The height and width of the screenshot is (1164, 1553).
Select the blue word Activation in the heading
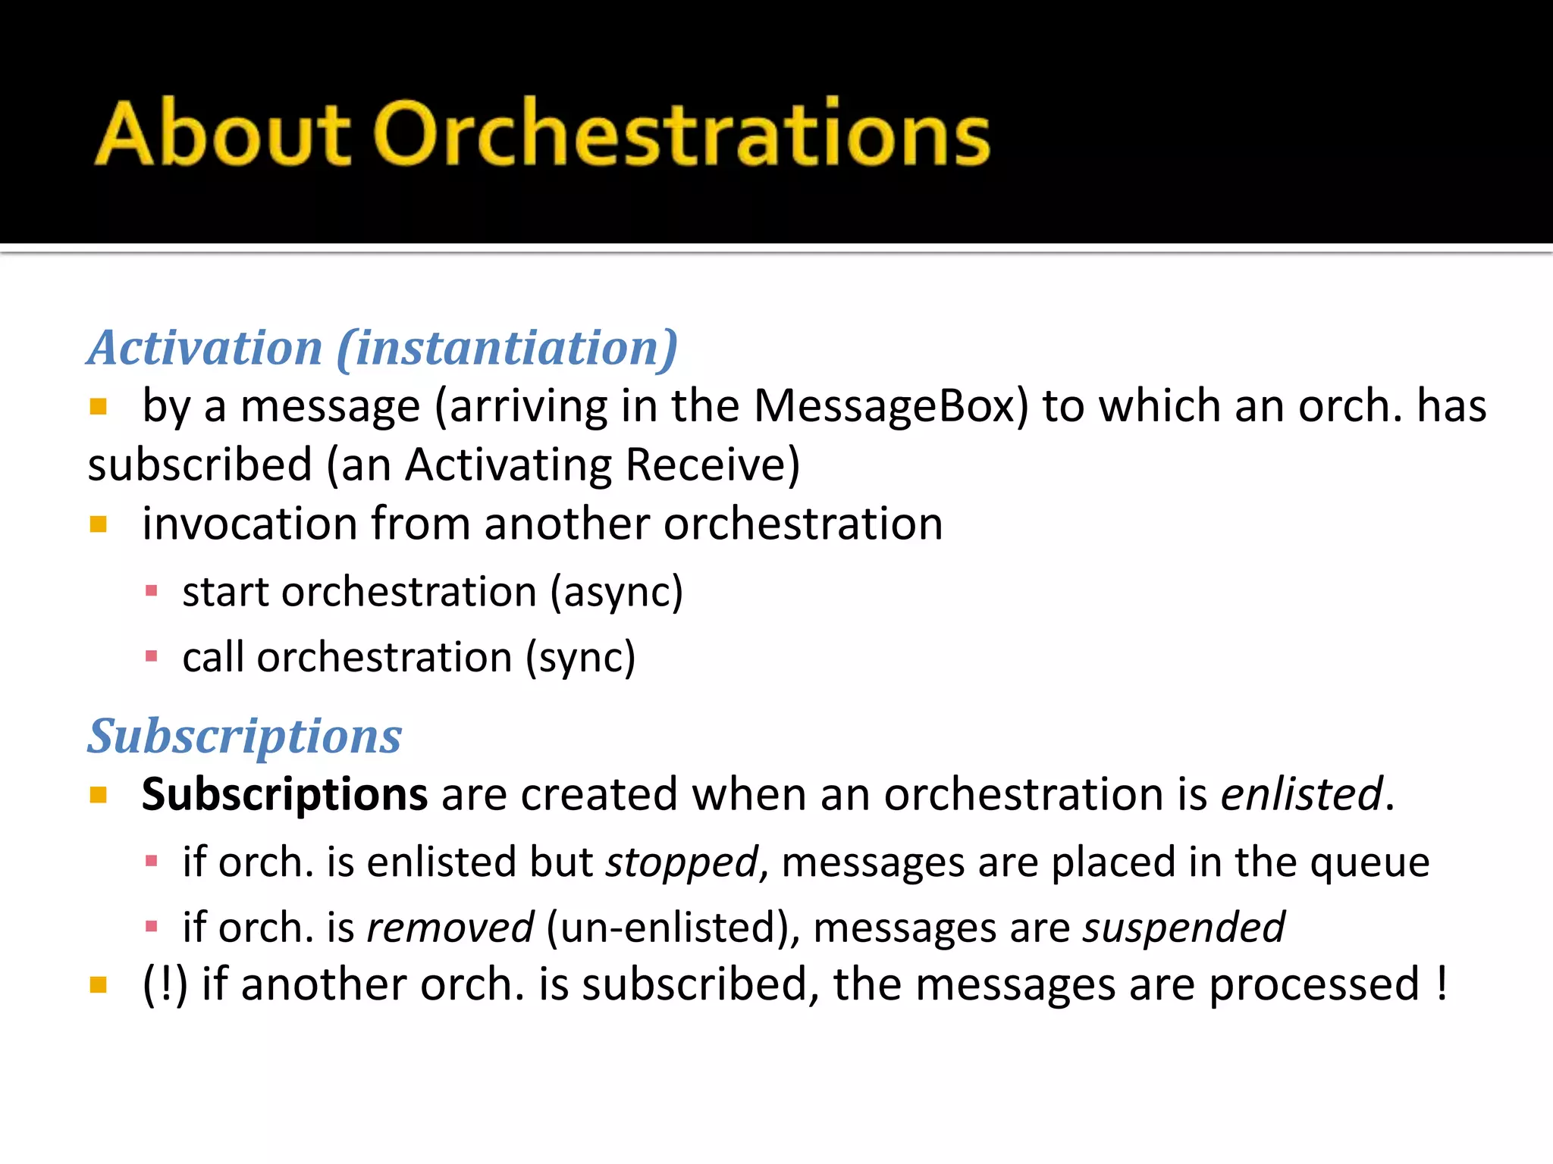205,348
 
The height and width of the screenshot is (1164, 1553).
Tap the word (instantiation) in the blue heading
507,348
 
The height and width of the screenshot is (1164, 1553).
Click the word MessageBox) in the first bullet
891,406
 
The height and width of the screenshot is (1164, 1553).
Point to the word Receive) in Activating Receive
713,465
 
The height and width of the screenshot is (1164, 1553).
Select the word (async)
616,592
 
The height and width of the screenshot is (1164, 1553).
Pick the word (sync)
581,657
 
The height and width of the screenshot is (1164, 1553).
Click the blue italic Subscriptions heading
245,736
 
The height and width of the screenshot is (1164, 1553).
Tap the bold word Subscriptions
285,794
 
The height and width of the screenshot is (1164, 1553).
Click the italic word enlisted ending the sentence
1301,794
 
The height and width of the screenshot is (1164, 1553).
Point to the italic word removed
450,928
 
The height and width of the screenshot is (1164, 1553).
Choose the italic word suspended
1184,928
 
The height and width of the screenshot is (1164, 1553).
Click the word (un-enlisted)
672,928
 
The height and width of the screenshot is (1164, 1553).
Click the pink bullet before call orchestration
152,656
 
